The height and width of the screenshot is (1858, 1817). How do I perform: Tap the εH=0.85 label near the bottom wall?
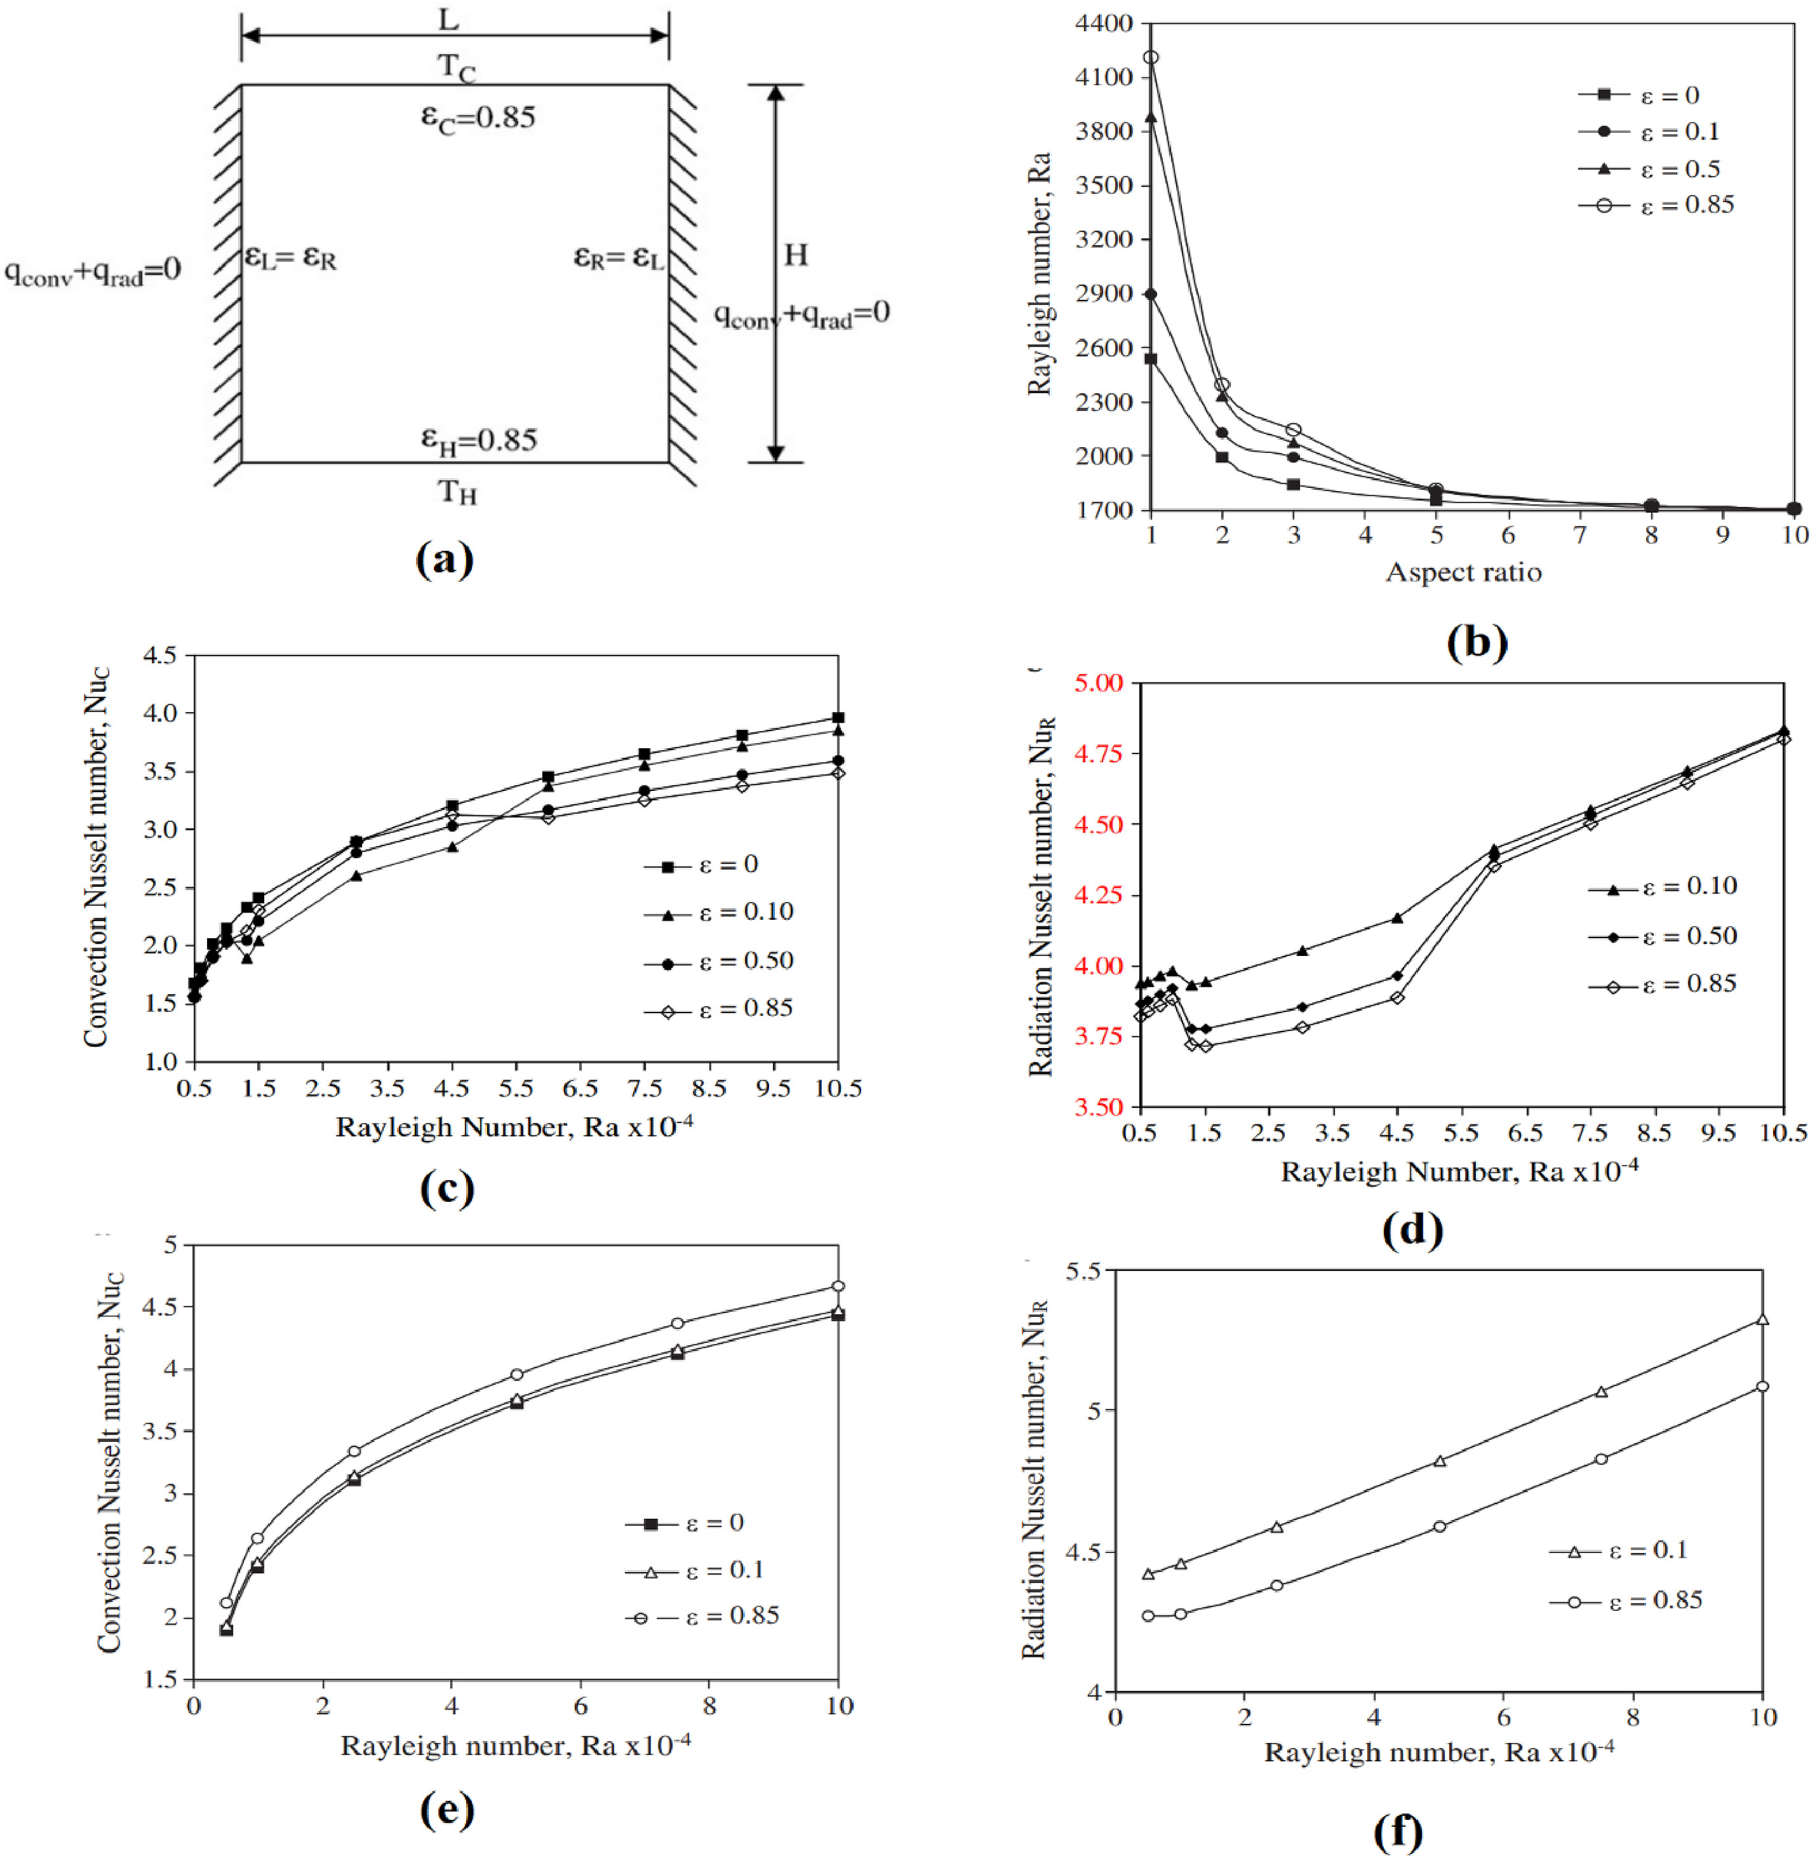coord(479,439)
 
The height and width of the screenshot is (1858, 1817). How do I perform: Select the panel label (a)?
coord(444,560)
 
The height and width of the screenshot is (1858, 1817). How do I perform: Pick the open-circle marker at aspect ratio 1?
coord(1151,57)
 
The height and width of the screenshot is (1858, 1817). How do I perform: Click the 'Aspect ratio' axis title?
coord(1463,571)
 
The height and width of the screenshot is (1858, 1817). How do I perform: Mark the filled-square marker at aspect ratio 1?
coord(1151,359)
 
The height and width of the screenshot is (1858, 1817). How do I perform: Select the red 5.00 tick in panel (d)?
coord(1098,683)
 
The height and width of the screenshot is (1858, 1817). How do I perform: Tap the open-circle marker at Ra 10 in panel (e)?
coord(838,1287)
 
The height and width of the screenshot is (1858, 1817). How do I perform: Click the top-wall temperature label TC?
coord(456,68)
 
